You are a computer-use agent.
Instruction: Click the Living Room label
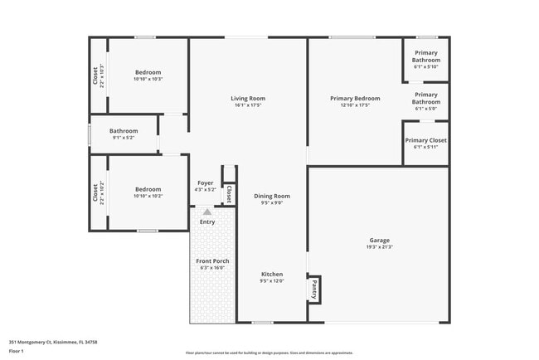pyautogui.click(x=248, y=99)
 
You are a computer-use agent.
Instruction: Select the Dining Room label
pyautogui.click(x=272, y=196)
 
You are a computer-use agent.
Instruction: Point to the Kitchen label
pyautogui.click(x=272, y=275)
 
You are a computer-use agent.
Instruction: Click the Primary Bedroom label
pyautogui.click(x=354, y=99)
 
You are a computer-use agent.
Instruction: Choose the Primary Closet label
pyautogui.click(x=425, y=140)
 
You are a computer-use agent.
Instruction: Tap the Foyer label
pyautogui.click(x=205, y=182)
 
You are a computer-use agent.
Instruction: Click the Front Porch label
pyautogui.click(x=212, y=261)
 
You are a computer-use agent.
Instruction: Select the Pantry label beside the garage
pyautogui.click(x=314, y=289)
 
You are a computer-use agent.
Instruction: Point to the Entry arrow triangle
pyautogui.click(x=206, y=212)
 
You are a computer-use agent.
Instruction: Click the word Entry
pyautogui.click(x=207, y=221)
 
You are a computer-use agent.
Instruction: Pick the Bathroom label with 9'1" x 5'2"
pyautogui.click(x=124, y=131)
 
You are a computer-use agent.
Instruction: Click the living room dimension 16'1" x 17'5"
pyautogui.click(x=248, y=105)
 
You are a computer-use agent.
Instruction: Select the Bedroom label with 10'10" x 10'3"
pyautogui.click(x=148, y=72)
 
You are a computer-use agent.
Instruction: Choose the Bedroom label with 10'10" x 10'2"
pyautogui.click(x=148, y=189)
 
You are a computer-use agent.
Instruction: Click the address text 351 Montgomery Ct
pyautogui.click(x=44, y=341)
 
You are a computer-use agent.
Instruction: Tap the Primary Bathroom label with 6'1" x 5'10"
pyautogui.click(x=426, y=56)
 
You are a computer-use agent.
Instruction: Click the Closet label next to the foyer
pyautogui.click(x=228, y=192)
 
